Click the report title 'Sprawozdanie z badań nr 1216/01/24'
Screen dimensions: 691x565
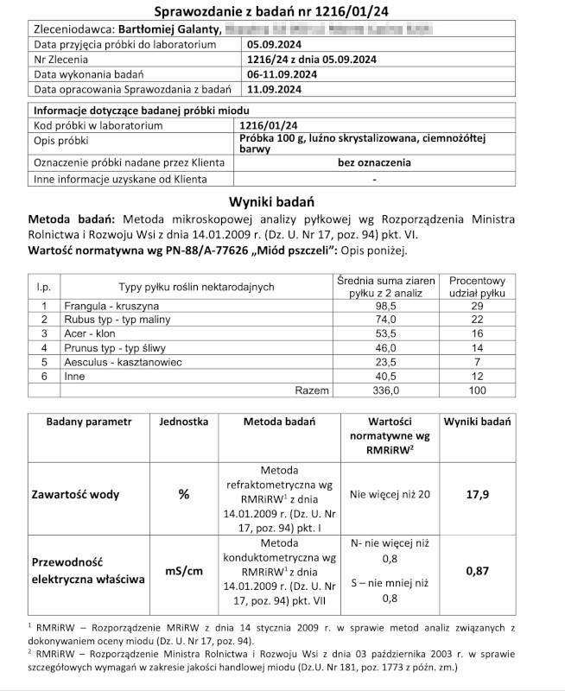click(282, 11)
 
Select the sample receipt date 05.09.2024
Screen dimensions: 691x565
click(275, 44)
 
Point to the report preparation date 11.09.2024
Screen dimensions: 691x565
click(275, 89)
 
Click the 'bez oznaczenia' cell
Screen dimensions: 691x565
click(373, 162)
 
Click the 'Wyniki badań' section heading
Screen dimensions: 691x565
click(282, 200)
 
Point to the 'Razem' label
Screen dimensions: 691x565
click(312, 390)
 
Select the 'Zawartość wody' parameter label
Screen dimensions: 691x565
click(76, 495)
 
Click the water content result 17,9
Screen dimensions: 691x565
click(477, 495)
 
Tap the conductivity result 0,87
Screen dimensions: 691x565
click(477, 571)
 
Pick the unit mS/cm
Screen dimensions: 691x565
click(183, 571)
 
